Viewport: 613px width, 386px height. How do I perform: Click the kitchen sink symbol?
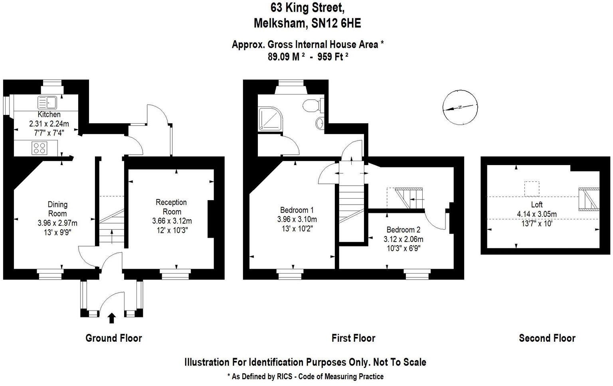(48, 102)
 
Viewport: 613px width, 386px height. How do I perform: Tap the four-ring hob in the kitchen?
(39, 148)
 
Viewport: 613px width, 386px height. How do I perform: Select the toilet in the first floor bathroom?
(311, 105)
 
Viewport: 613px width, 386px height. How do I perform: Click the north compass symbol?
(460, 107)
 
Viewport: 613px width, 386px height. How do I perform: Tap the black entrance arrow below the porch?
(112, 318)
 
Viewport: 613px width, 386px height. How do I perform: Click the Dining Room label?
(57, 209)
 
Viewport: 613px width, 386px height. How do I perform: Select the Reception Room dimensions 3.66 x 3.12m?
(172, 221)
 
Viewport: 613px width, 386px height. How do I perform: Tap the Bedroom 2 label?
(403, 230)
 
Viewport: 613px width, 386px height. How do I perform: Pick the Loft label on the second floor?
(537, 205)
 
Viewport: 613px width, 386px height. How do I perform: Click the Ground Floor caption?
(114, 339)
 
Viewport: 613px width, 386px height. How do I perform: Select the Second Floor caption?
(547, 339)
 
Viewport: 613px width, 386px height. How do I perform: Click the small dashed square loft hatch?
(531, 189)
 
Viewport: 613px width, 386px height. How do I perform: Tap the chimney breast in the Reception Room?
(210, 219)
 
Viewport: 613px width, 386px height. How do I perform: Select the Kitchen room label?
(49, 115)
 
